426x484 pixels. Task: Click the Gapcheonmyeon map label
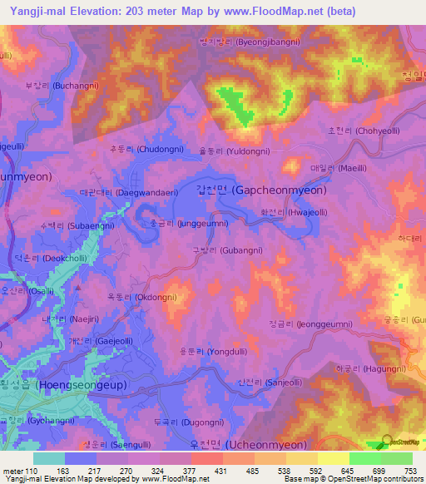tap(261, 190)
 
